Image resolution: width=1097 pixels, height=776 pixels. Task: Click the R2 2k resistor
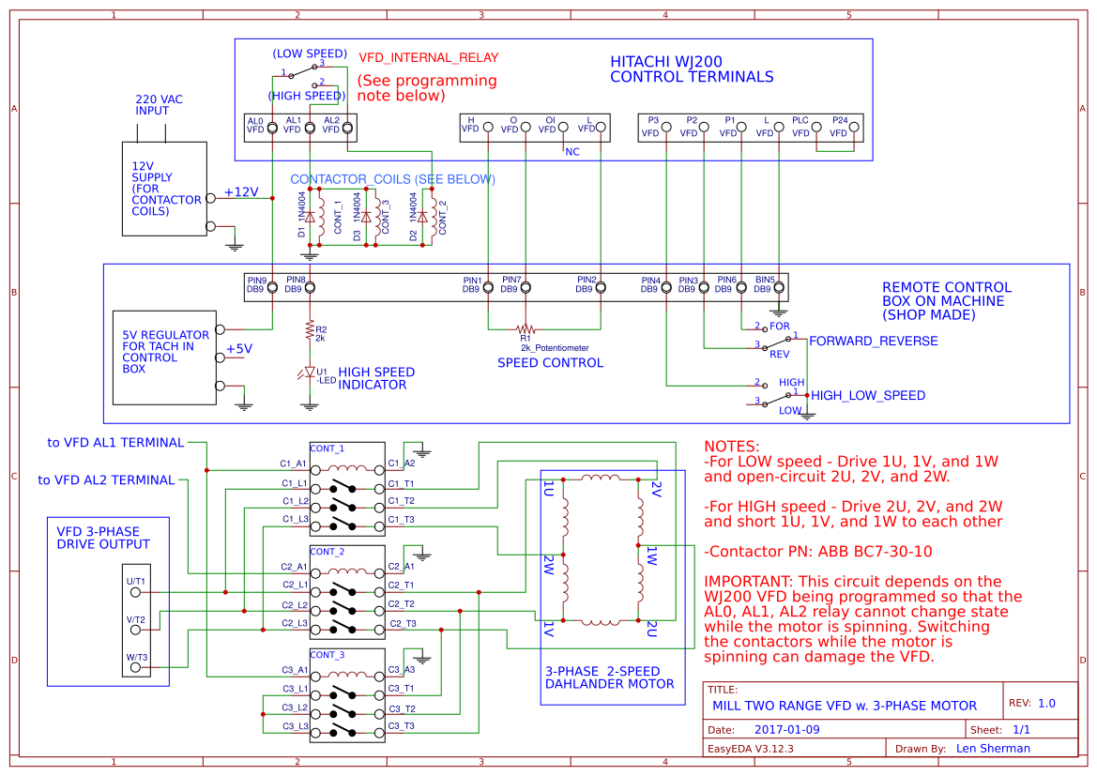tap(309, 329)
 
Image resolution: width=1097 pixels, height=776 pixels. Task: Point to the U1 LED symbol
tap(309, 373)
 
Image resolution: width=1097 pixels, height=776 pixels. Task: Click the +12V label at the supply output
tap(240, 191)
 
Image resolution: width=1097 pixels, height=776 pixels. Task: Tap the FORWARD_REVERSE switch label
tap(873, 341)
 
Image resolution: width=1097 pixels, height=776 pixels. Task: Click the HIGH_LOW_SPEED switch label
tap(867, 396)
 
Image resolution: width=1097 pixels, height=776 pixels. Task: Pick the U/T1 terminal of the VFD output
tap(136, 592)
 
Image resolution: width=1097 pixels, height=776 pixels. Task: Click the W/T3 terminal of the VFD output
tap(136, 667)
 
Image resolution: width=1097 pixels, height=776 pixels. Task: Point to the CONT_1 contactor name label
tap(327, 448)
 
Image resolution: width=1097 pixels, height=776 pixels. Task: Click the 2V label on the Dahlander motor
tap(656, 488)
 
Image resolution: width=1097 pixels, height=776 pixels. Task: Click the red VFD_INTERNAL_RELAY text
tap(428, 57)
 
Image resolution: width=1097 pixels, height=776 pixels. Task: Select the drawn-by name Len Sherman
tap(993, 749)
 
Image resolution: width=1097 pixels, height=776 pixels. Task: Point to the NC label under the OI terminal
tap(571, 153)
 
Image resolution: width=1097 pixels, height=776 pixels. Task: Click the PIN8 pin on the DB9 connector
tap(309, 288)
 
